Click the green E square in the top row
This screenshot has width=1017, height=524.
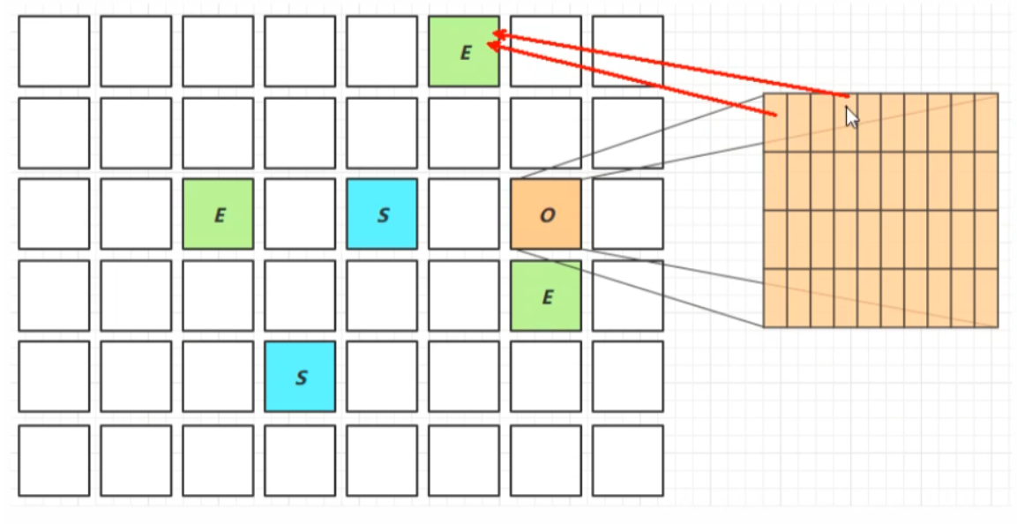click(464, 51)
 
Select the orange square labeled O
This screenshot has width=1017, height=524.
click(546, 214)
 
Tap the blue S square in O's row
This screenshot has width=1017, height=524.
click(382, 214)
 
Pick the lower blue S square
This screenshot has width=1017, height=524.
click(300, 377)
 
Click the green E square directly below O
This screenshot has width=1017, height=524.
click(546, 296)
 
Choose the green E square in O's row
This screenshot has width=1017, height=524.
click(218, 214)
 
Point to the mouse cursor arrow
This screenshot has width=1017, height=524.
click(851, 116)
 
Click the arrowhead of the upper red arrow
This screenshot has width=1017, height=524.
click(496, 34)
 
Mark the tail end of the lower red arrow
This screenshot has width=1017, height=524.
click(776, 116)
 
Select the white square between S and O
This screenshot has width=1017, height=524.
click(464, 214)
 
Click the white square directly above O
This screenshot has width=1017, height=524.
click(546, 133)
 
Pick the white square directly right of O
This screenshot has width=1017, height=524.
click(628, 214)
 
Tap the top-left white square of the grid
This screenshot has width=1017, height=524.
click(54, 51)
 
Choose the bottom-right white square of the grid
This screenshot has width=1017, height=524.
click(628, 460)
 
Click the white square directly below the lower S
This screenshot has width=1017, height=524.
click(300, 460)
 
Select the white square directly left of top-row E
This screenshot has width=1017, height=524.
click(382, 51)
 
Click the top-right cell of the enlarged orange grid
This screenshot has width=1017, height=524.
click(986, 123)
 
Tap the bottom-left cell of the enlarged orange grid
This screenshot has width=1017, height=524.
click(775, 297)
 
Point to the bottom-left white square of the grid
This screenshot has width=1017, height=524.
click(54, 460)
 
